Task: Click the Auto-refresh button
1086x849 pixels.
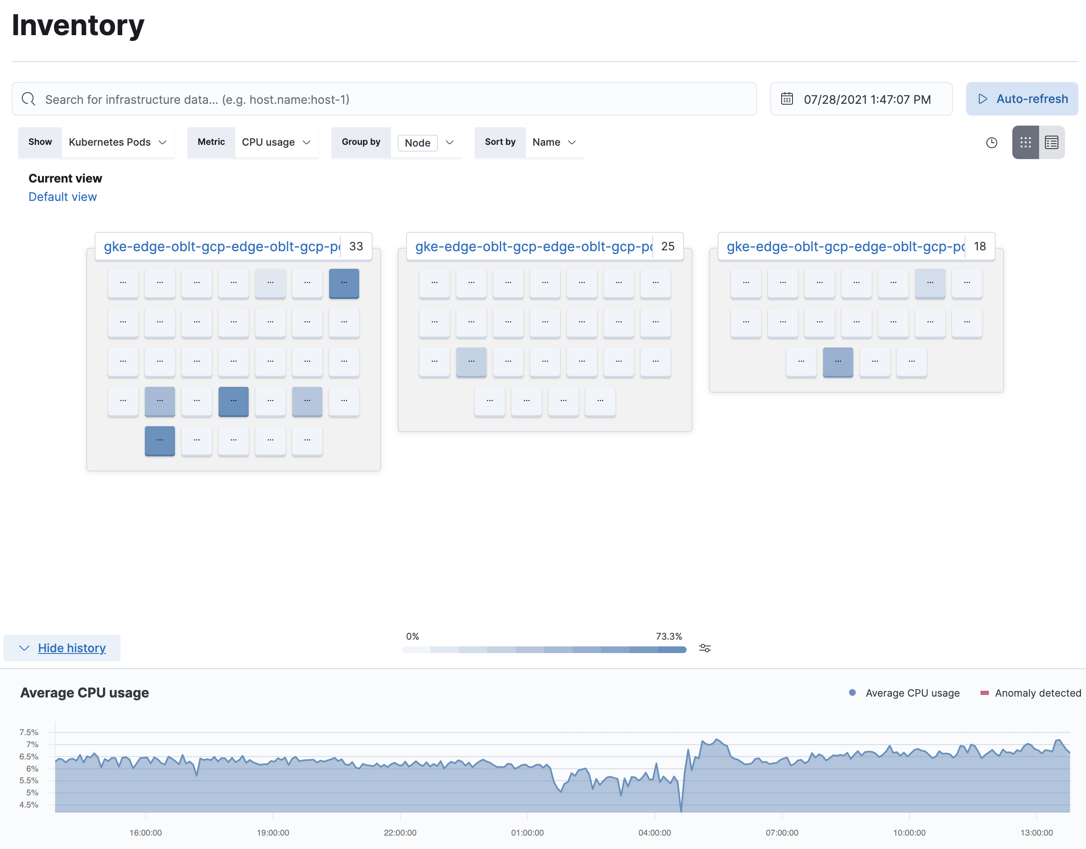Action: tap(1022, 99)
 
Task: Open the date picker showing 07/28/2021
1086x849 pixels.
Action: tap(861, 99)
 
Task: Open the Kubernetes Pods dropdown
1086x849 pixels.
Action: tap(117, 142)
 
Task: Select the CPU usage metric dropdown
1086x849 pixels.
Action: tap(275, 142)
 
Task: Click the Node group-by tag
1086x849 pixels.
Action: tap(417, 143)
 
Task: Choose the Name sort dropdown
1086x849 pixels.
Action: tap(553, 142)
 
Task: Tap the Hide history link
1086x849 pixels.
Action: tap(72, 648)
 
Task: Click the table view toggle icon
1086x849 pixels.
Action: tap(1051, 143)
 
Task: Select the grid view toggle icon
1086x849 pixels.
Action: tap(1025, 143)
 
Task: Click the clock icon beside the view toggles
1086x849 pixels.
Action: tap(991, 143)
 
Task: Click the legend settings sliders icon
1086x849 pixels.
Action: tap(705, 648)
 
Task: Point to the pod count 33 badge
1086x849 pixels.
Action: tap(356, 246)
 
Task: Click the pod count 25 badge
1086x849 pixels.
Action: tap(668, 246)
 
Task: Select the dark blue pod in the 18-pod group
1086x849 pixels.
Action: tap(838, 362)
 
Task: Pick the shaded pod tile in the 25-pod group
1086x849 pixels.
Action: tap(471, 362)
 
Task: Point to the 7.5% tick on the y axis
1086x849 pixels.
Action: tap(29, 732)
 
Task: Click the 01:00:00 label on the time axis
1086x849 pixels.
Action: tap(527, 833)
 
